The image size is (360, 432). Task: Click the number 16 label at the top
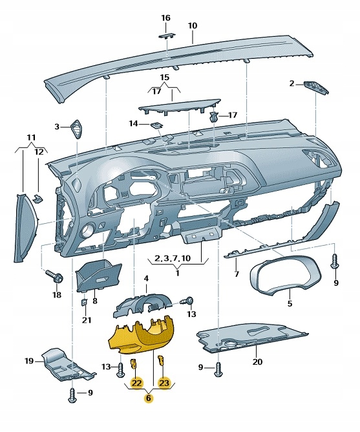(x=165, y=17)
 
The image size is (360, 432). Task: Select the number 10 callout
(x=192, y=26)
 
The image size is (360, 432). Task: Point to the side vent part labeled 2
(x=315, y=86)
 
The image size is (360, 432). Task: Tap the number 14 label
(x=134, y=123)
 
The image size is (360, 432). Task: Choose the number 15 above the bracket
(x=164, y=78)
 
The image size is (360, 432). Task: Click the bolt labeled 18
(x=55, y=277)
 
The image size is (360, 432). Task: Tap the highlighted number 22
(x=136, y=383)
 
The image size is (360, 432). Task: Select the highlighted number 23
(x=164, y=383)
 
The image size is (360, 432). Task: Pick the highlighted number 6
(x=149, y=399)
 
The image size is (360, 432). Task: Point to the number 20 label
(x=257, y=362)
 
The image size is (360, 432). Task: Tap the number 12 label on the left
(x=39, y=151)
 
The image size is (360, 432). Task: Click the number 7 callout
(x=237, y=274)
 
